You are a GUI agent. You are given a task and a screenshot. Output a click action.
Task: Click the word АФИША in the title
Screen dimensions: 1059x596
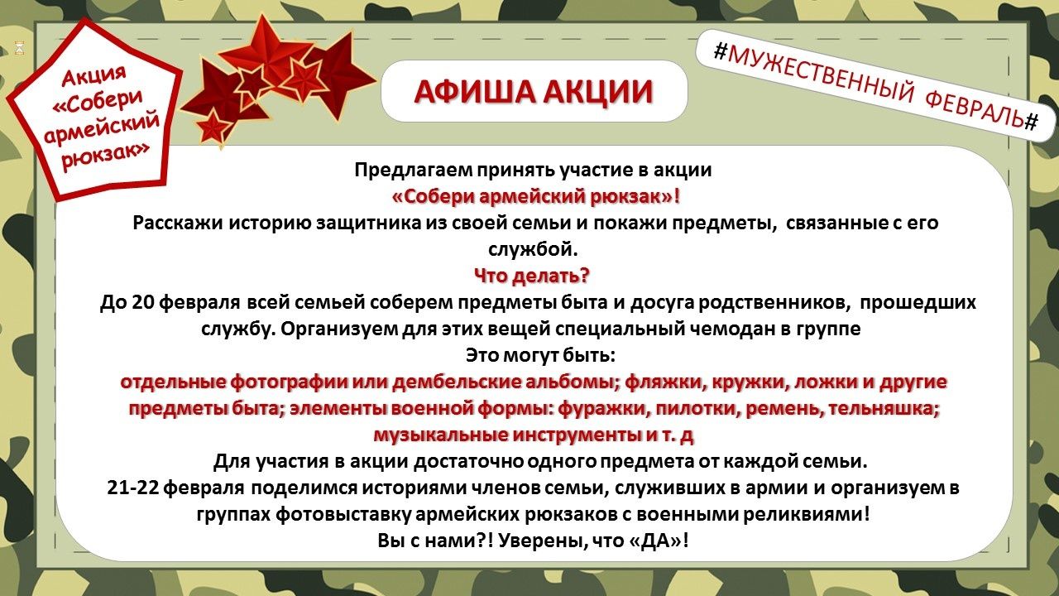click(x=474, y=91)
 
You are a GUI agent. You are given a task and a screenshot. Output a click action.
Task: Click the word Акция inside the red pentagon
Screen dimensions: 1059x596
click(x=94, y=75)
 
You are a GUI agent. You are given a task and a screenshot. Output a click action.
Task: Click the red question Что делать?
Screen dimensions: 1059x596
click(x=532, y=276)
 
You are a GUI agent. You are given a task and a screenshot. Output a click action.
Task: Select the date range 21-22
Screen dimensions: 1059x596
click(x=132, y=488)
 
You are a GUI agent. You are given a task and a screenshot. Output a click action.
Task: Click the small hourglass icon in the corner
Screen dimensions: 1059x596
click(x=19, y=48)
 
